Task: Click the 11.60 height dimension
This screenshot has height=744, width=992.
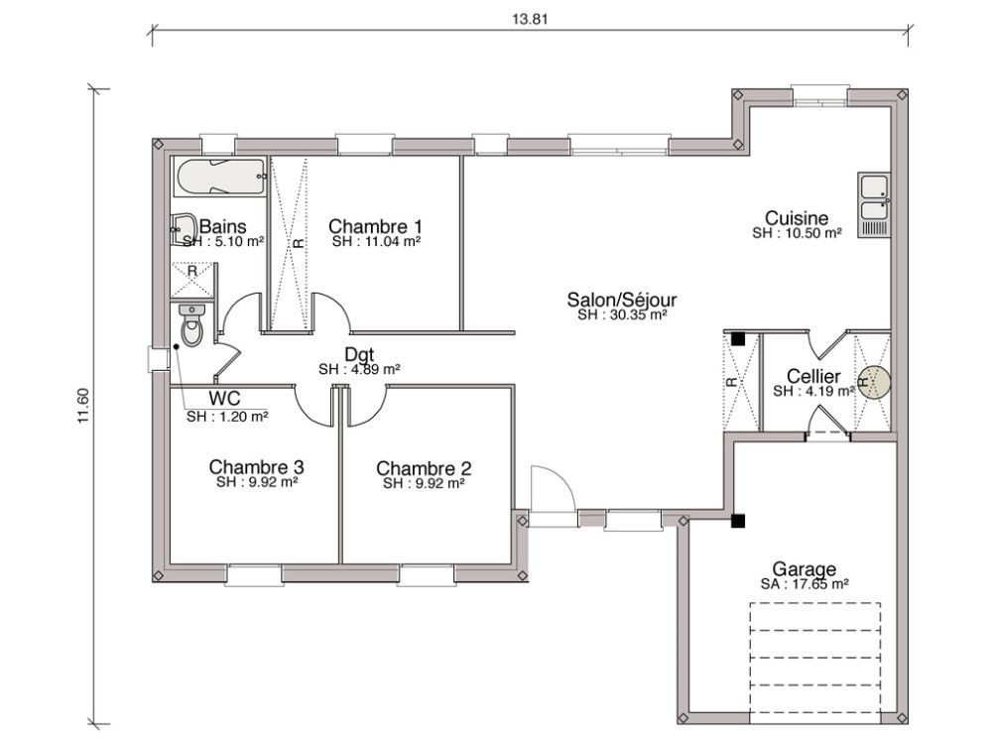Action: pos(83,407)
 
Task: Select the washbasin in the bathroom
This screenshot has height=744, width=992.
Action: pos(184,229)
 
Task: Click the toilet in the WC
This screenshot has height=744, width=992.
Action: pos(191,325)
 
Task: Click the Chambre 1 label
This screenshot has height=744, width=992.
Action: pos(376,226)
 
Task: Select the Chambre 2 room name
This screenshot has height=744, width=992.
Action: pos(424,468)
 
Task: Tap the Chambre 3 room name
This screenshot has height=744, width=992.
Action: pos(256,466)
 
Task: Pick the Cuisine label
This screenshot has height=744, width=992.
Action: pos(797,218)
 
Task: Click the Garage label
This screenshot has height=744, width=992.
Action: pos(805,569)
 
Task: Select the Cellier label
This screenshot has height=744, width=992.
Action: pos(813,377)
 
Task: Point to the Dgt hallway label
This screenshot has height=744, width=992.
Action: pos(359,354)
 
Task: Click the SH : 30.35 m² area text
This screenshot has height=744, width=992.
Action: pos(622,314)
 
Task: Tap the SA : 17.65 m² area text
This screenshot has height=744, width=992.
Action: pos(805,585)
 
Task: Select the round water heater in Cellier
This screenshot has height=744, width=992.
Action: pos(874,382)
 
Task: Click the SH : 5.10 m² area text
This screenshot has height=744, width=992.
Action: pos(223,241)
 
